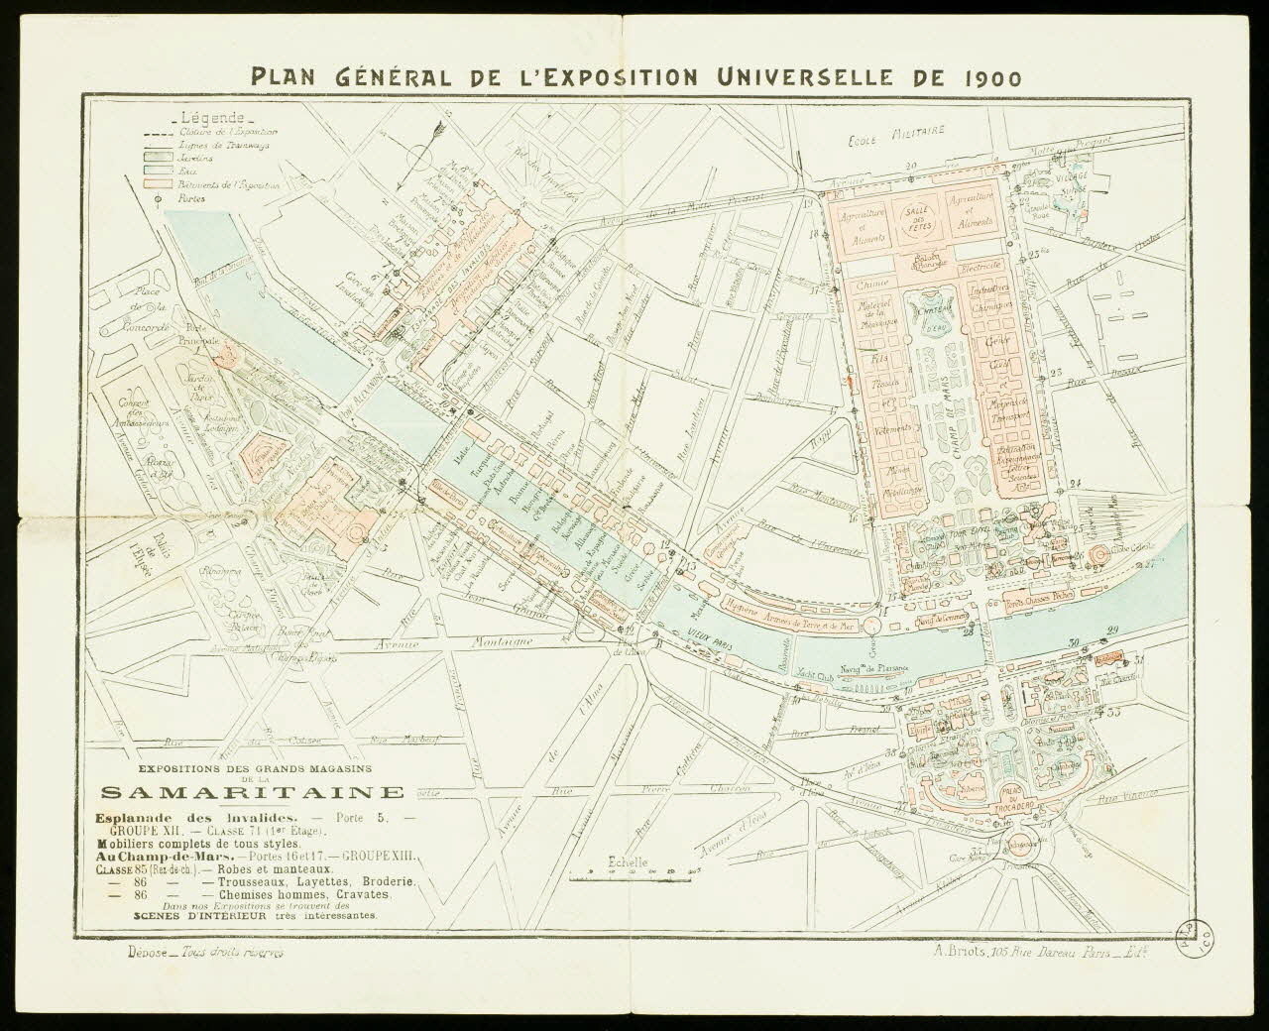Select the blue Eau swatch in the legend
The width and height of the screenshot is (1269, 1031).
point(160,170)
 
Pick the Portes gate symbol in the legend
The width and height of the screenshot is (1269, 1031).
point(160,196)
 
